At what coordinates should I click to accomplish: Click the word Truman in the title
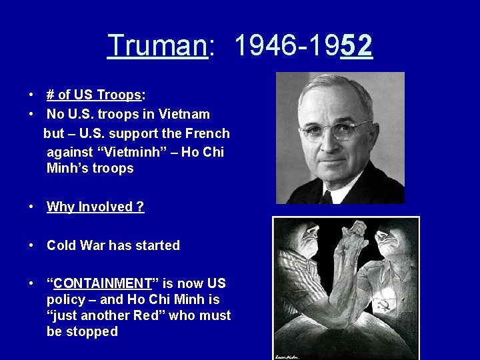[157, 46]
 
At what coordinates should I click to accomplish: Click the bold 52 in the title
[356, 46]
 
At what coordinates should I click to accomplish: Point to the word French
[207, 133]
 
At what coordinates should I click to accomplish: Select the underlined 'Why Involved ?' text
[95, 207]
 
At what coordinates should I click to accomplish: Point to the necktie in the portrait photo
[326, 197]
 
